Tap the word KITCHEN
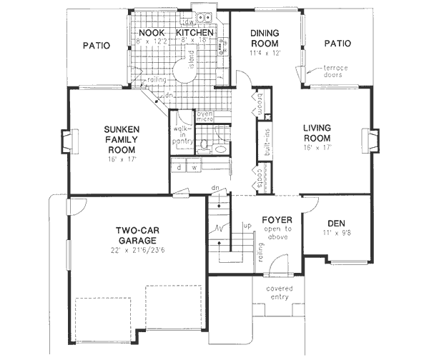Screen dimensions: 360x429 [x=194, y=33]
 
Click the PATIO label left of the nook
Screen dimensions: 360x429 [x=96, y=45]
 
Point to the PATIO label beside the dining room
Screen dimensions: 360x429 [x=337, y=44]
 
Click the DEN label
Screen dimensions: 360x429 [x=336, y=224]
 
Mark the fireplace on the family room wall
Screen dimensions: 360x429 [x=66, y=141]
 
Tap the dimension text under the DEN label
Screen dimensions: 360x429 [x=336, y=233]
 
